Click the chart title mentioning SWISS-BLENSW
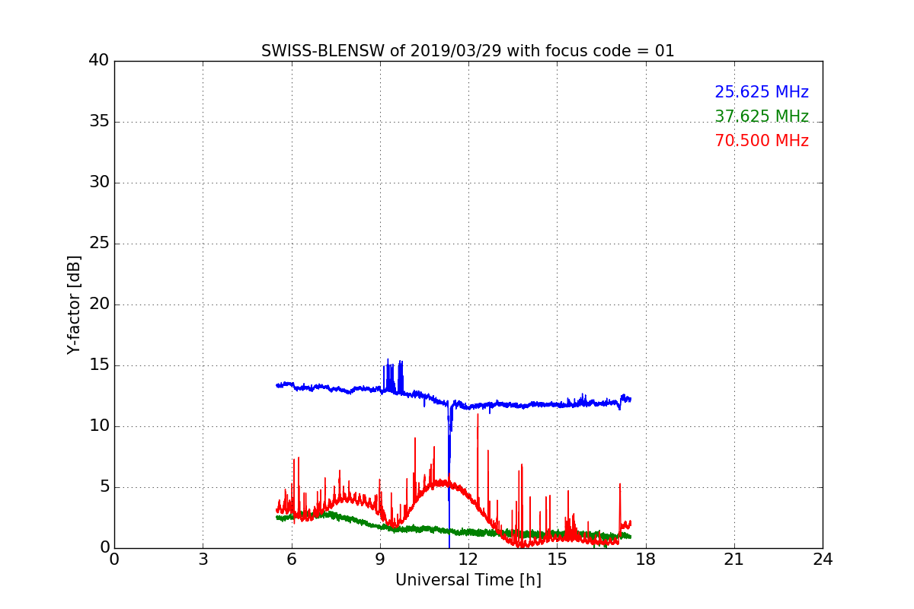pos(468,51)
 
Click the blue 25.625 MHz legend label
pos(761,92)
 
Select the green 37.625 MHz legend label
pos(761,116)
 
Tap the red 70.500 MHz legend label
pos(761,141)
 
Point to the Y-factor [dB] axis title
pos(74,304)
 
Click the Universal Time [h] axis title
pos(468,580)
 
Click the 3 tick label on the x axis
pos(203,560)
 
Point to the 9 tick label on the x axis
pos(380,560)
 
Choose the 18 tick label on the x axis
pos(646,560)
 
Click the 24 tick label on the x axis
pos(823,560)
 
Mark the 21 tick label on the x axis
pos(734,560)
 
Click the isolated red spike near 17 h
pos(620,485)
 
